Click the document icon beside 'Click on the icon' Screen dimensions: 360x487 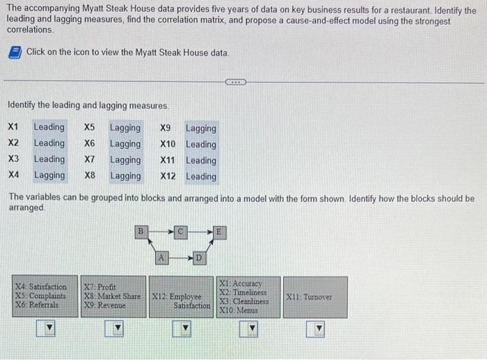click(x=15, y=53)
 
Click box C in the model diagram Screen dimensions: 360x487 click(x=181, y=229)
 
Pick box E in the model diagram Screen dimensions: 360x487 click(x=218, y=229)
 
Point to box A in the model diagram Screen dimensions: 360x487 click(x=163, y=258)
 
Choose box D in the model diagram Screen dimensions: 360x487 click(x=198, y=258)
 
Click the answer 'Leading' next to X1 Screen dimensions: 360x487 click(x=49, y=127)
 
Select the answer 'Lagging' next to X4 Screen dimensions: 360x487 click(x=49, y=175)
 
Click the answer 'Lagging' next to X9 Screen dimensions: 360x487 click(x=200, y=128)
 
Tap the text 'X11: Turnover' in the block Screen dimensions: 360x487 click(x=310, y=297)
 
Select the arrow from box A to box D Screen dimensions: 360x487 click(x=181, y=258)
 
